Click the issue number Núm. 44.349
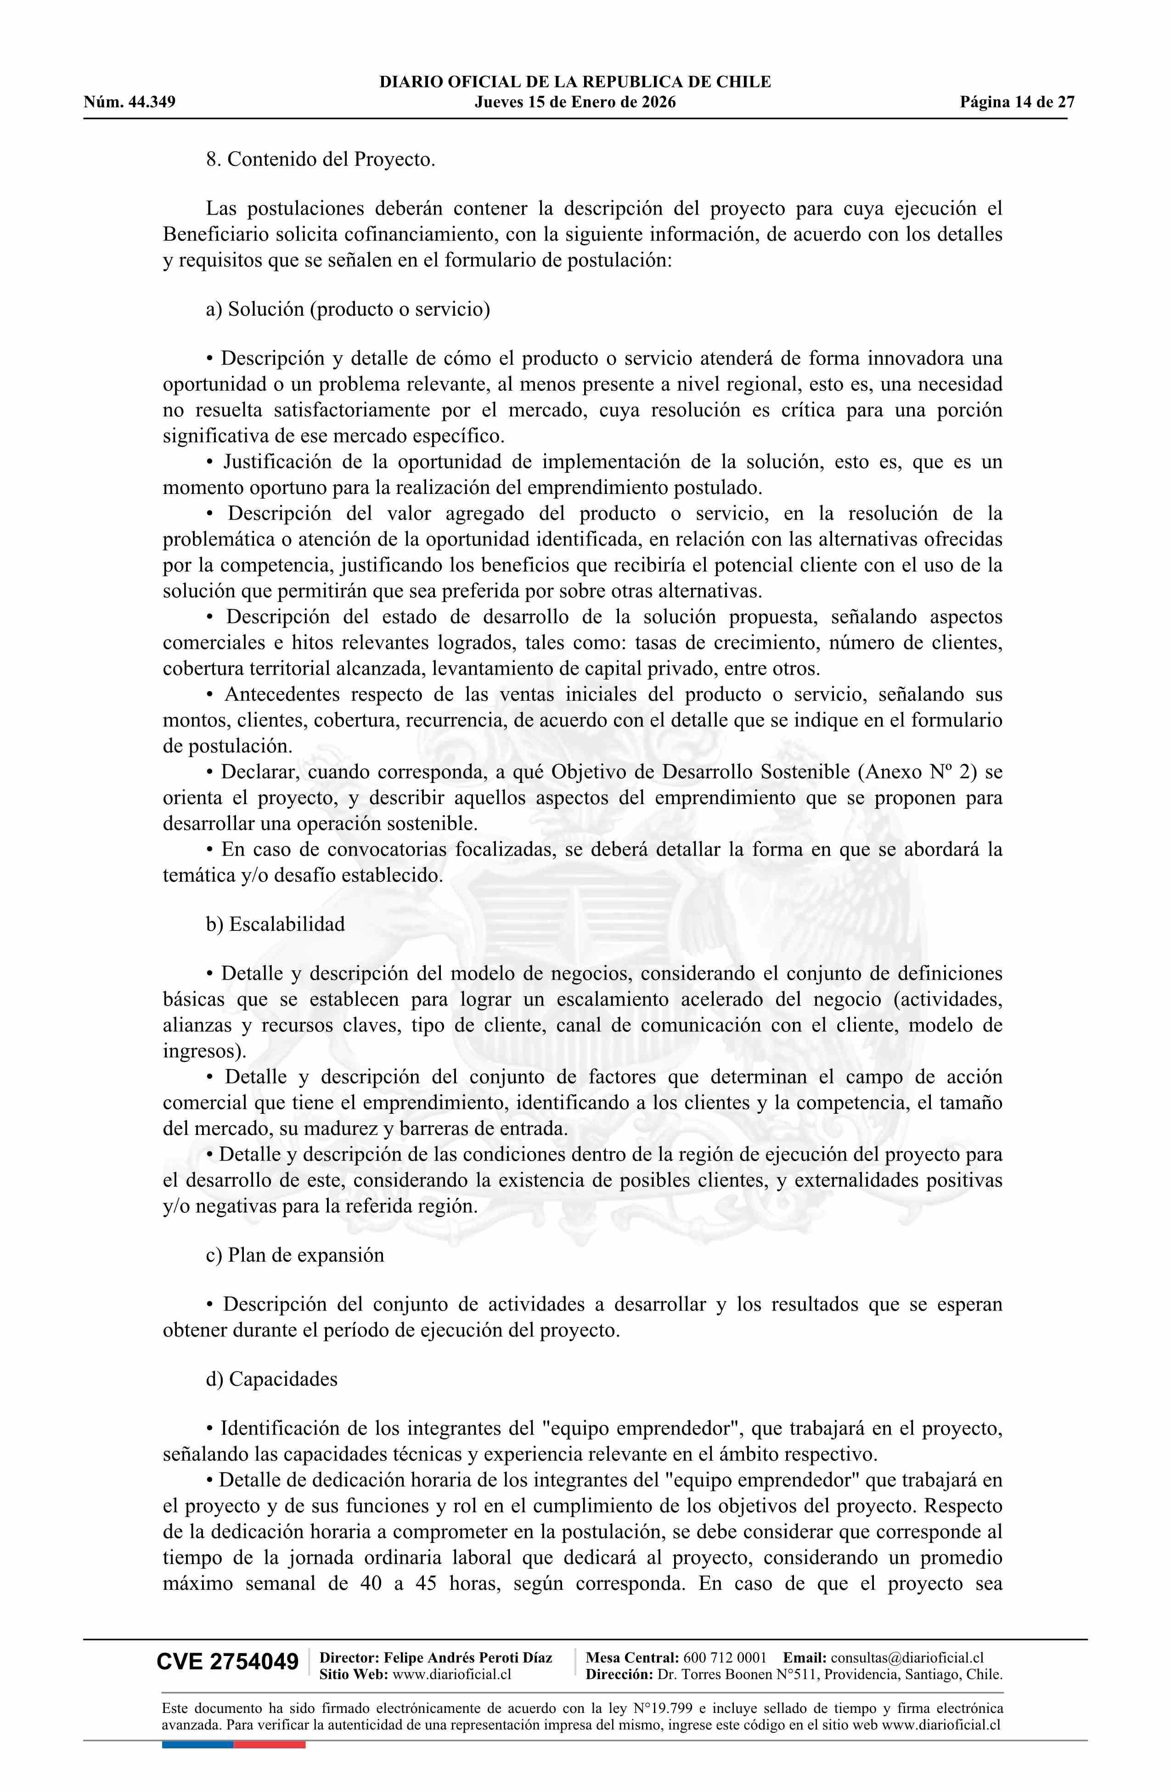pos(129,102)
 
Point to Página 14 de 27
pos(1017,102)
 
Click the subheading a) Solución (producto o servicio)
pos(348,309)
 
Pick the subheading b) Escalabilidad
pos(276,924)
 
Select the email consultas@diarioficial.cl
pos(907,1657)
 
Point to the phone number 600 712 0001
pos(725,1657)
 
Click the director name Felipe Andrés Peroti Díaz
pos(467,1657)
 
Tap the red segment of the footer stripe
pos(270,1744)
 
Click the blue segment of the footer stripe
pos(197,1744)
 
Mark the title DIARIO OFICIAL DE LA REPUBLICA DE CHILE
pos(575,82)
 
